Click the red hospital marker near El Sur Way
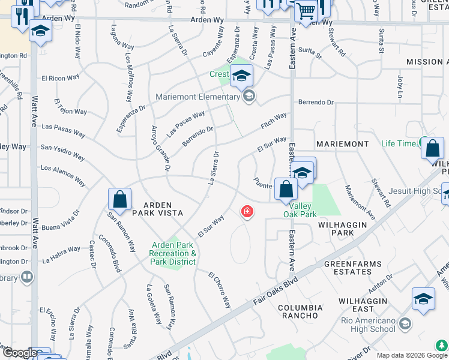(x=246, y=211)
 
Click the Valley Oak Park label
(x=300, y=209)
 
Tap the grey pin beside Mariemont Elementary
(x=249, y=97)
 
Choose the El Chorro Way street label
(x=220, y=291)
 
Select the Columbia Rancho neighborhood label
(x=300, y=311)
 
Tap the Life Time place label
(x=399, y=144)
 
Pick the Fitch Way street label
(x=274, y=121)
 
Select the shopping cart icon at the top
(x=306, y=11)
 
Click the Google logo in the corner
(x=19, y=353)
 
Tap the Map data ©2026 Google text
(x=411, y=355)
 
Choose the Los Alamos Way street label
(x=63, y=173)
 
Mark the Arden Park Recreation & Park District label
(x=173, y=253)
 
